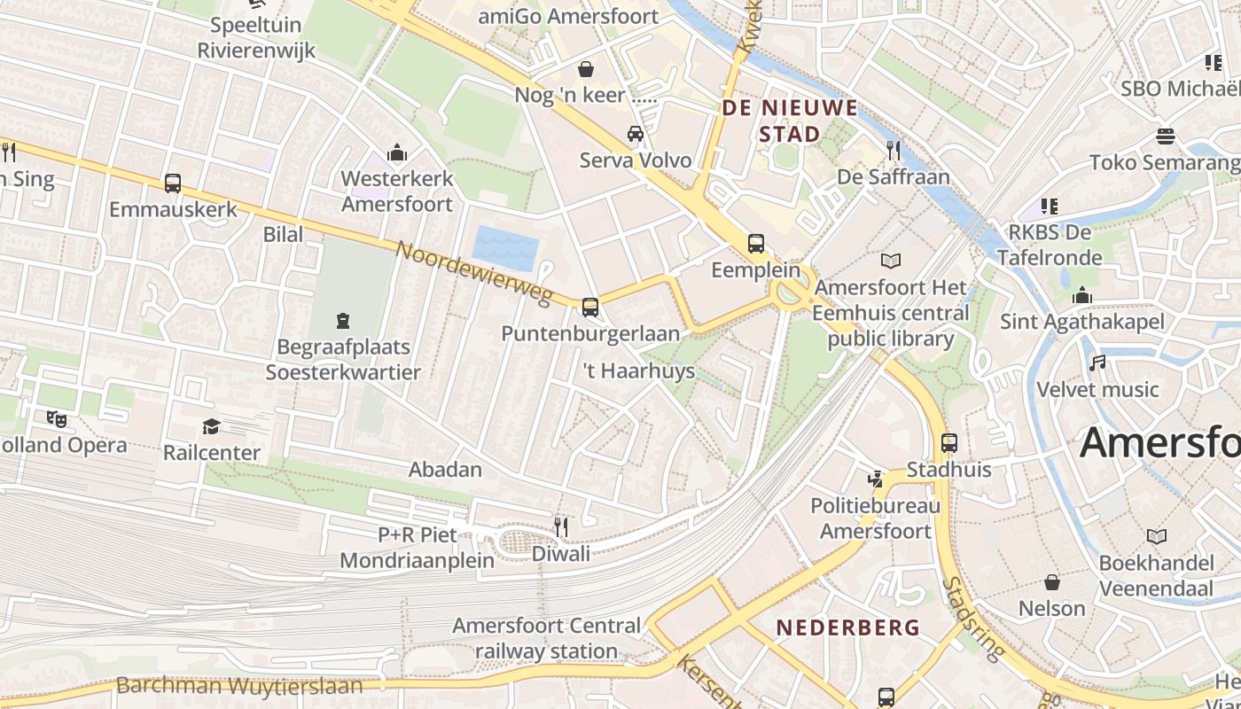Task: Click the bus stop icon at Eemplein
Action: [756, 243]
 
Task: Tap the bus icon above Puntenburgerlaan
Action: [590, 308]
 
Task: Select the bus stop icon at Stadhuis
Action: [949, 442]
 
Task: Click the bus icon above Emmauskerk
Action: [173, 183]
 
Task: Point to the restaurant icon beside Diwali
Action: [560, 527]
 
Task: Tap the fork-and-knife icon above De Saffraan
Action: [894, 151]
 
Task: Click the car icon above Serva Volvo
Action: [636, 134]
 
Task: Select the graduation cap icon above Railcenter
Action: [211, 427]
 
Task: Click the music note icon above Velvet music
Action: [1098, 363]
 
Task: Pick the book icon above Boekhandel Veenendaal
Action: [1157, 536]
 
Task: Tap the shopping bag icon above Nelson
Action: [1051, 582]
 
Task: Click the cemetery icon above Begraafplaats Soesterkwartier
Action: [343, 320]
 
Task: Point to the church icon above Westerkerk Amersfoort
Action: [397, 152]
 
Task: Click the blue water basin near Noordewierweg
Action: [505, 247]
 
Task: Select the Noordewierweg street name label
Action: [474, 273]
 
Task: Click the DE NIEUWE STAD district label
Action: [790, 121]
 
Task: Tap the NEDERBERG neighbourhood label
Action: [848, 627]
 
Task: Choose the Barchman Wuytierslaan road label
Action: [239, 686]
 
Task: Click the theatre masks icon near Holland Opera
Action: [57, 418]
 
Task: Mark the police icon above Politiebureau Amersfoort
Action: [876, 479]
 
